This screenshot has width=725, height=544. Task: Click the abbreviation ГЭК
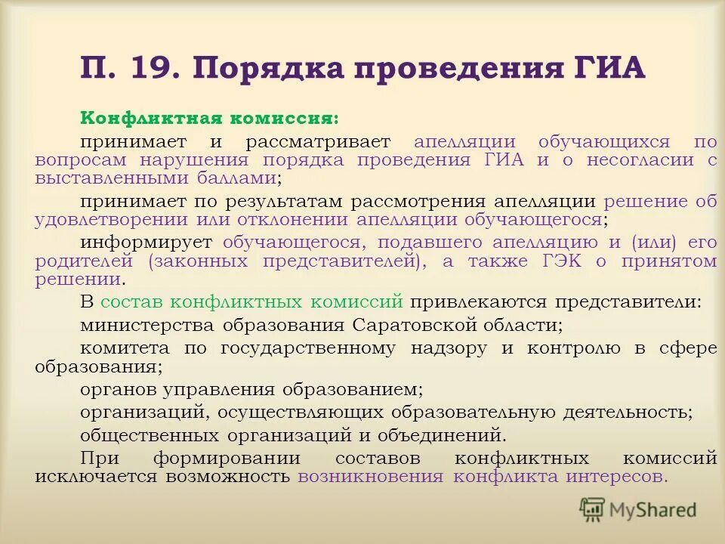coord(562,261)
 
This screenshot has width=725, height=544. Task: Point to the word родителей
coord(83,261)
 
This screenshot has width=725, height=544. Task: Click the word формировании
coord(227,458)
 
